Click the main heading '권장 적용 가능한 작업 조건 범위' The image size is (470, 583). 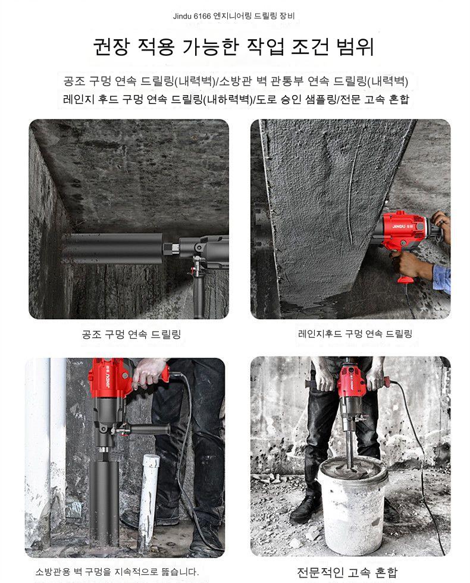click(x=233, y=46)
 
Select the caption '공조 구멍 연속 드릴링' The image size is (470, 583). click(x=131, y=334)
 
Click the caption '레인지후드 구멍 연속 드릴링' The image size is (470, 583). click(x=355, y=333)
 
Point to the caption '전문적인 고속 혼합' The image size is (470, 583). click(x=347, y=572)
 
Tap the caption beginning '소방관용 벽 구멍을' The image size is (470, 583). click(x=117, y=572)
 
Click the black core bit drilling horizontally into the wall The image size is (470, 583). click(x=112, y=248)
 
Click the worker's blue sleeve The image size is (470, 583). click(x=442, y=276)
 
